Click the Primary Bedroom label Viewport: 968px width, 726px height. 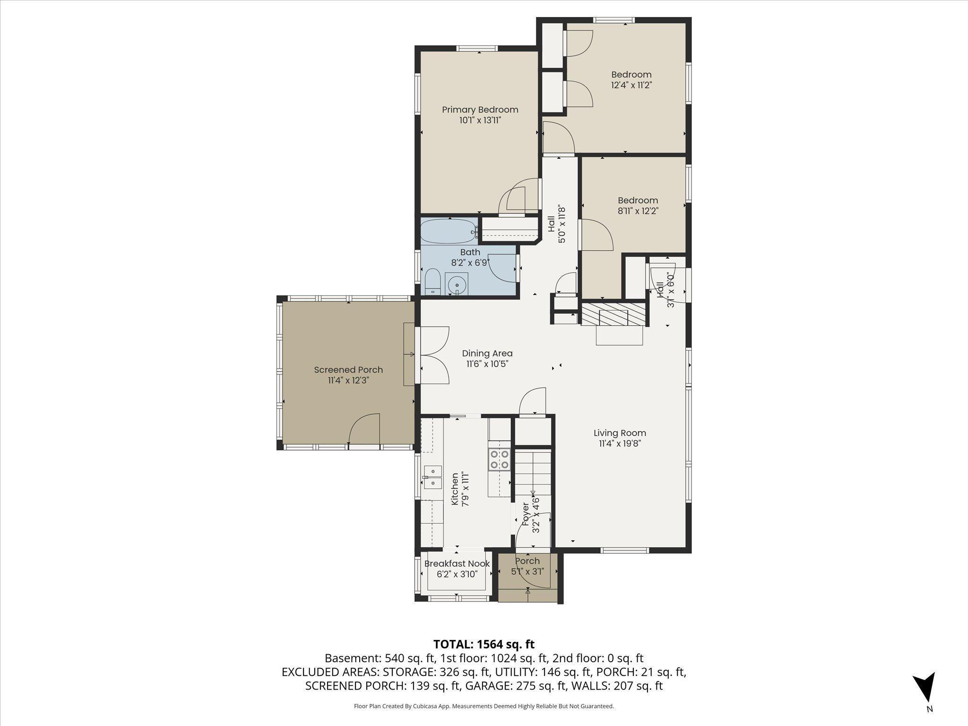coord(480,110)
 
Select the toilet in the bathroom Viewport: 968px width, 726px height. coord(432,282)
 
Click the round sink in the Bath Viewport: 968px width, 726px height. coord(457,285)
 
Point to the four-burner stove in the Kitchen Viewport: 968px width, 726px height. coord(500,459)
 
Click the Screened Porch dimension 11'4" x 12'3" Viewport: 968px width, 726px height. coord(348,380)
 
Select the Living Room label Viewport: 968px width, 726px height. coord(620,432)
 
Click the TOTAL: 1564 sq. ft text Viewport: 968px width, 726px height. coord(484,644)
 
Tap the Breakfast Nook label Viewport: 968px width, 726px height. coord(457,563)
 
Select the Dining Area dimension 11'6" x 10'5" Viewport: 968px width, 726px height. coord(487,364)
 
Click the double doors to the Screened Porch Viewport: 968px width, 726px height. coord(434,354)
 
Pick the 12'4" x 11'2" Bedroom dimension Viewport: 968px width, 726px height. coord(631,85)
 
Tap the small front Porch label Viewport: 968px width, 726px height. coord(527,561)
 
